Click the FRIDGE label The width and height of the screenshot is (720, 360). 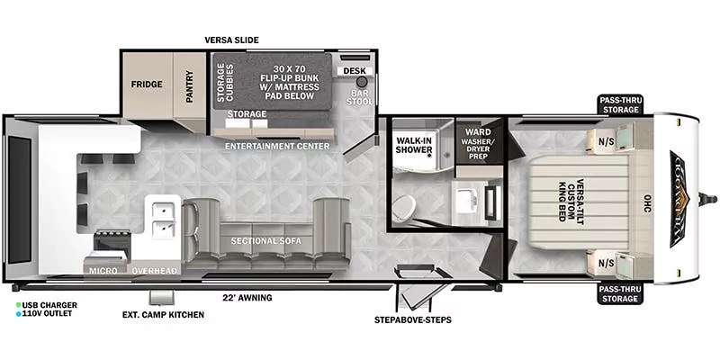pyautogui.click(x=146, y=85)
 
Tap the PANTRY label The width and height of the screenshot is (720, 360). pyautogui.click(x=190, y=86)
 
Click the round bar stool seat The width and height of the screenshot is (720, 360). pyautogui.click(x=349, y=81)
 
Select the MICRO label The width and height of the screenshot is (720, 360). pyautogui.click(x=101, y=270)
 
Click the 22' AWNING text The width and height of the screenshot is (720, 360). pyautogui.click(x=247, y=297)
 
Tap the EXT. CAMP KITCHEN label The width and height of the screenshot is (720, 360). pyautogui.click(x=163, y=315)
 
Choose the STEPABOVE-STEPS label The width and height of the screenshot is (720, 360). pyautogui.click(x=412, y=319)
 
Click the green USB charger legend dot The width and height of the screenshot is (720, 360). pyautogui.click(x=19, y=305)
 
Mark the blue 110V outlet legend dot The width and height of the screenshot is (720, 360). pyautogui.click(x=19, y=315)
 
